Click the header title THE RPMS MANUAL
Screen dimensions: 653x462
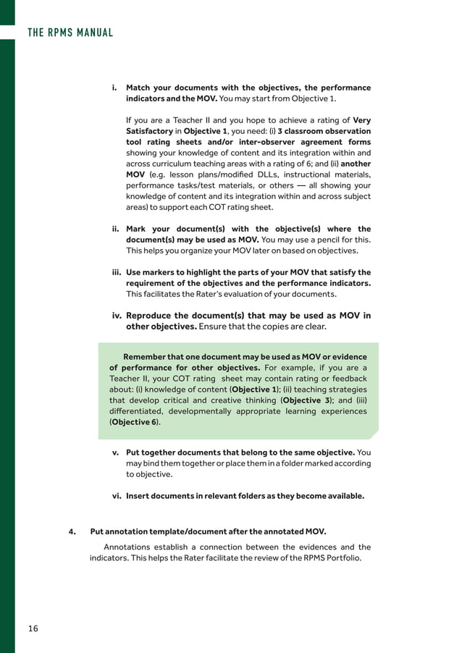click(70, 32)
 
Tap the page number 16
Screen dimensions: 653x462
click(33, 628)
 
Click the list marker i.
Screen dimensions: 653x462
click(114, 88)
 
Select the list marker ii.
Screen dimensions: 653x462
click(114, 229)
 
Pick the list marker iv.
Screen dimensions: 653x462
click(115, 316)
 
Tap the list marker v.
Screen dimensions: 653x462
click(115, 453)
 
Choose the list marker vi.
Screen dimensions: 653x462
click(115, 497)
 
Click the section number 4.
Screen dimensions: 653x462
click(72, 531)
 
